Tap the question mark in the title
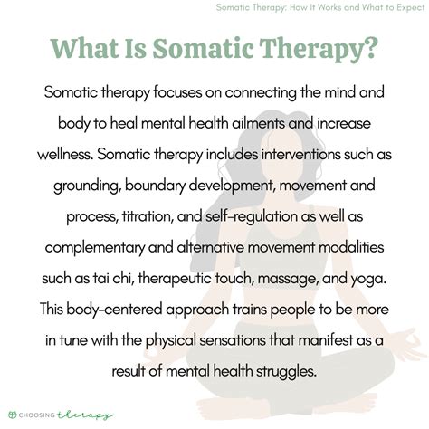tap(374, 49)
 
